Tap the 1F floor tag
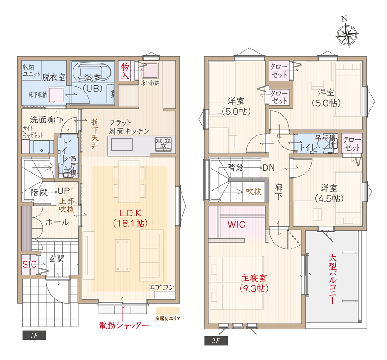(34, 336)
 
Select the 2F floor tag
(216, 341)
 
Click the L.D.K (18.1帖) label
(130, 218)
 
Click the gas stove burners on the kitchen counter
(164, 144)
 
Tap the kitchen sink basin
(122, 144)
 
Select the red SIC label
(29, 265)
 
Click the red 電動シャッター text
(124, 325)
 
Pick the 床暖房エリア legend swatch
(168, 310)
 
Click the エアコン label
(161, 287)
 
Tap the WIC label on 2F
(236, 225)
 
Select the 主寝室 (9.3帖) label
(254, 283)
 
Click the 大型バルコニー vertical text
(332, 279)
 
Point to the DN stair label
(269, 168)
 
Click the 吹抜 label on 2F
(254, 191)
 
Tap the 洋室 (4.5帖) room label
(329, 193)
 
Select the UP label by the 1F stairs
(64, 191)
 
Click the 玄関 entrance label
(56, 259)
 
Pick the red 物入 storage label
(125, 71)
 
